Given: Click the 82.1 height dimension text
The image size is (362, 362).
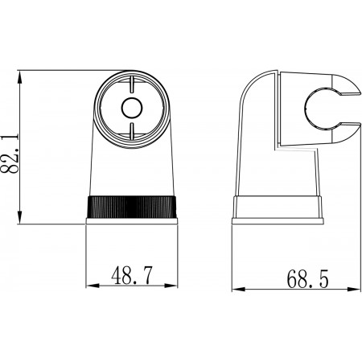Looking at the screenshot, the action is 10,154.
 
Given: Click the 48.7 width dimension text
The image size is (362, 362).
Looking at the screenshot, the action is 132,275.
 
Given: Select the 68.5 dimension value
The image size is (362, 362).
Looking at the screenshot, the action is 307,279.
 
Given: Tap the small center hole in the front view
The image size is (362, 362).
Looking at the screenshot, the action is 132,108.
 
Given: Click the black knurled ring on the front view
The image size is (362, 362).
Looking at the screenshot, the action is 131,207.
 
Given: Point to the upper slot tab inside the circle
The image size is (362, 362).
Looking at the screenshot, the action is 132,84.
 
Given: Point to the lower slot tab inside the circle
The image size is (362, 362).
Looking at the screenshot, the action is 132,131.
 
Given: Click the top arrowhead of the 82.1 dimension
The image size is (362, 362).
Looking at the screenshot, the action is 19,78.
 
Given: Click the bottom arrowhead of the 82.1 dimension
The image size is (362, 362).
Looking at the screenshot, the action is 19,216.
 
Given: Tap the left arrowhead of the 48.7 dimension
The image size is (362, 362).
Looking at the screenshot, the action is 93,286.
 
